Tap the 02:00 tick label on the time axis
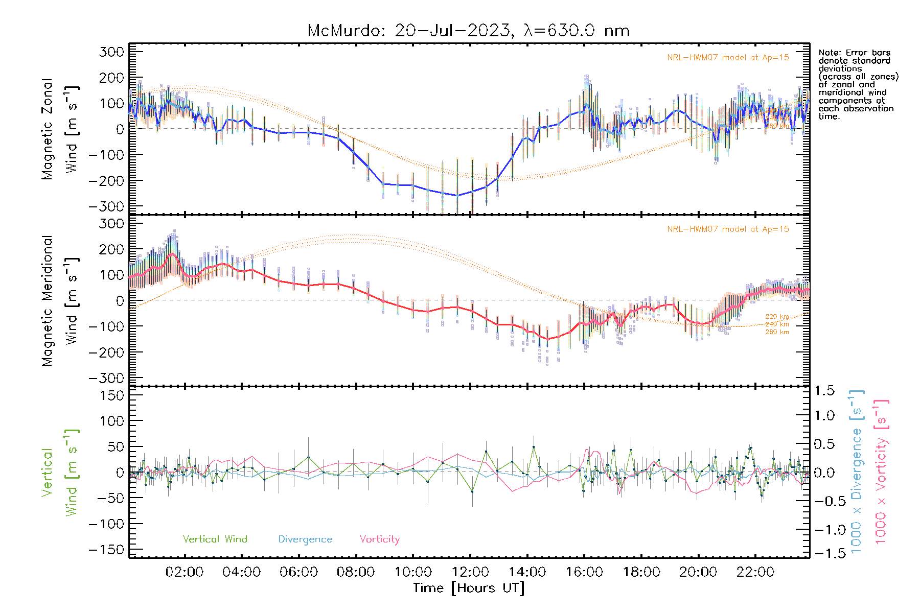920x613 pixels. [185, 572]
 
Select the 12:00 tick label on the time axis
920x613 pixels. [470, 572]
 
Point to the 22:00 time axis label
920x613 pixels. [755, 572]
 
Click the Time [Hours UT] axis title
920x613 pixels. [469, 588]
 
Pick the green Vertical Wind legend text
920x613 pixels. [215, 539]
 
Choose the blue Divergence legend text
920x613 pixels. [305, 539]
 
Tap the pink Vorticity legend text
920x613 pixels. [379, 539]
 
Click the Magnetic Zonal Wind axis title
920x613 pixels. [60, 129]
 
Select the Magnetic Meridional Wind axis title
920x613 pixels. [60, 301]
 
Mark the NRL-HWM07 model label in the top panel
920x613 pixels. [728, 58]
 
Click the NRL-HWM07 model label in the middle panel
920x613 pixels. [728, 229]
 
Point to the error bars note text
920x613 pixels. [858, 84]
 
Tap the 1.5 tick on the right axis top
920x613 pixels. [824, 391]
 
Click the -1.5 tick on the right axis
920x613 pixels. [824, 553]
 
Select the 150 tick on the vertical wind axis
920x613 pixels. [111, 395]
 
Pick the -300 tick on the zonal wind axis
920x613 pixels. [106, 206]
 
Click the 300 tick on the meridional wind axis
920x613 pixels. [111, 224]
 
